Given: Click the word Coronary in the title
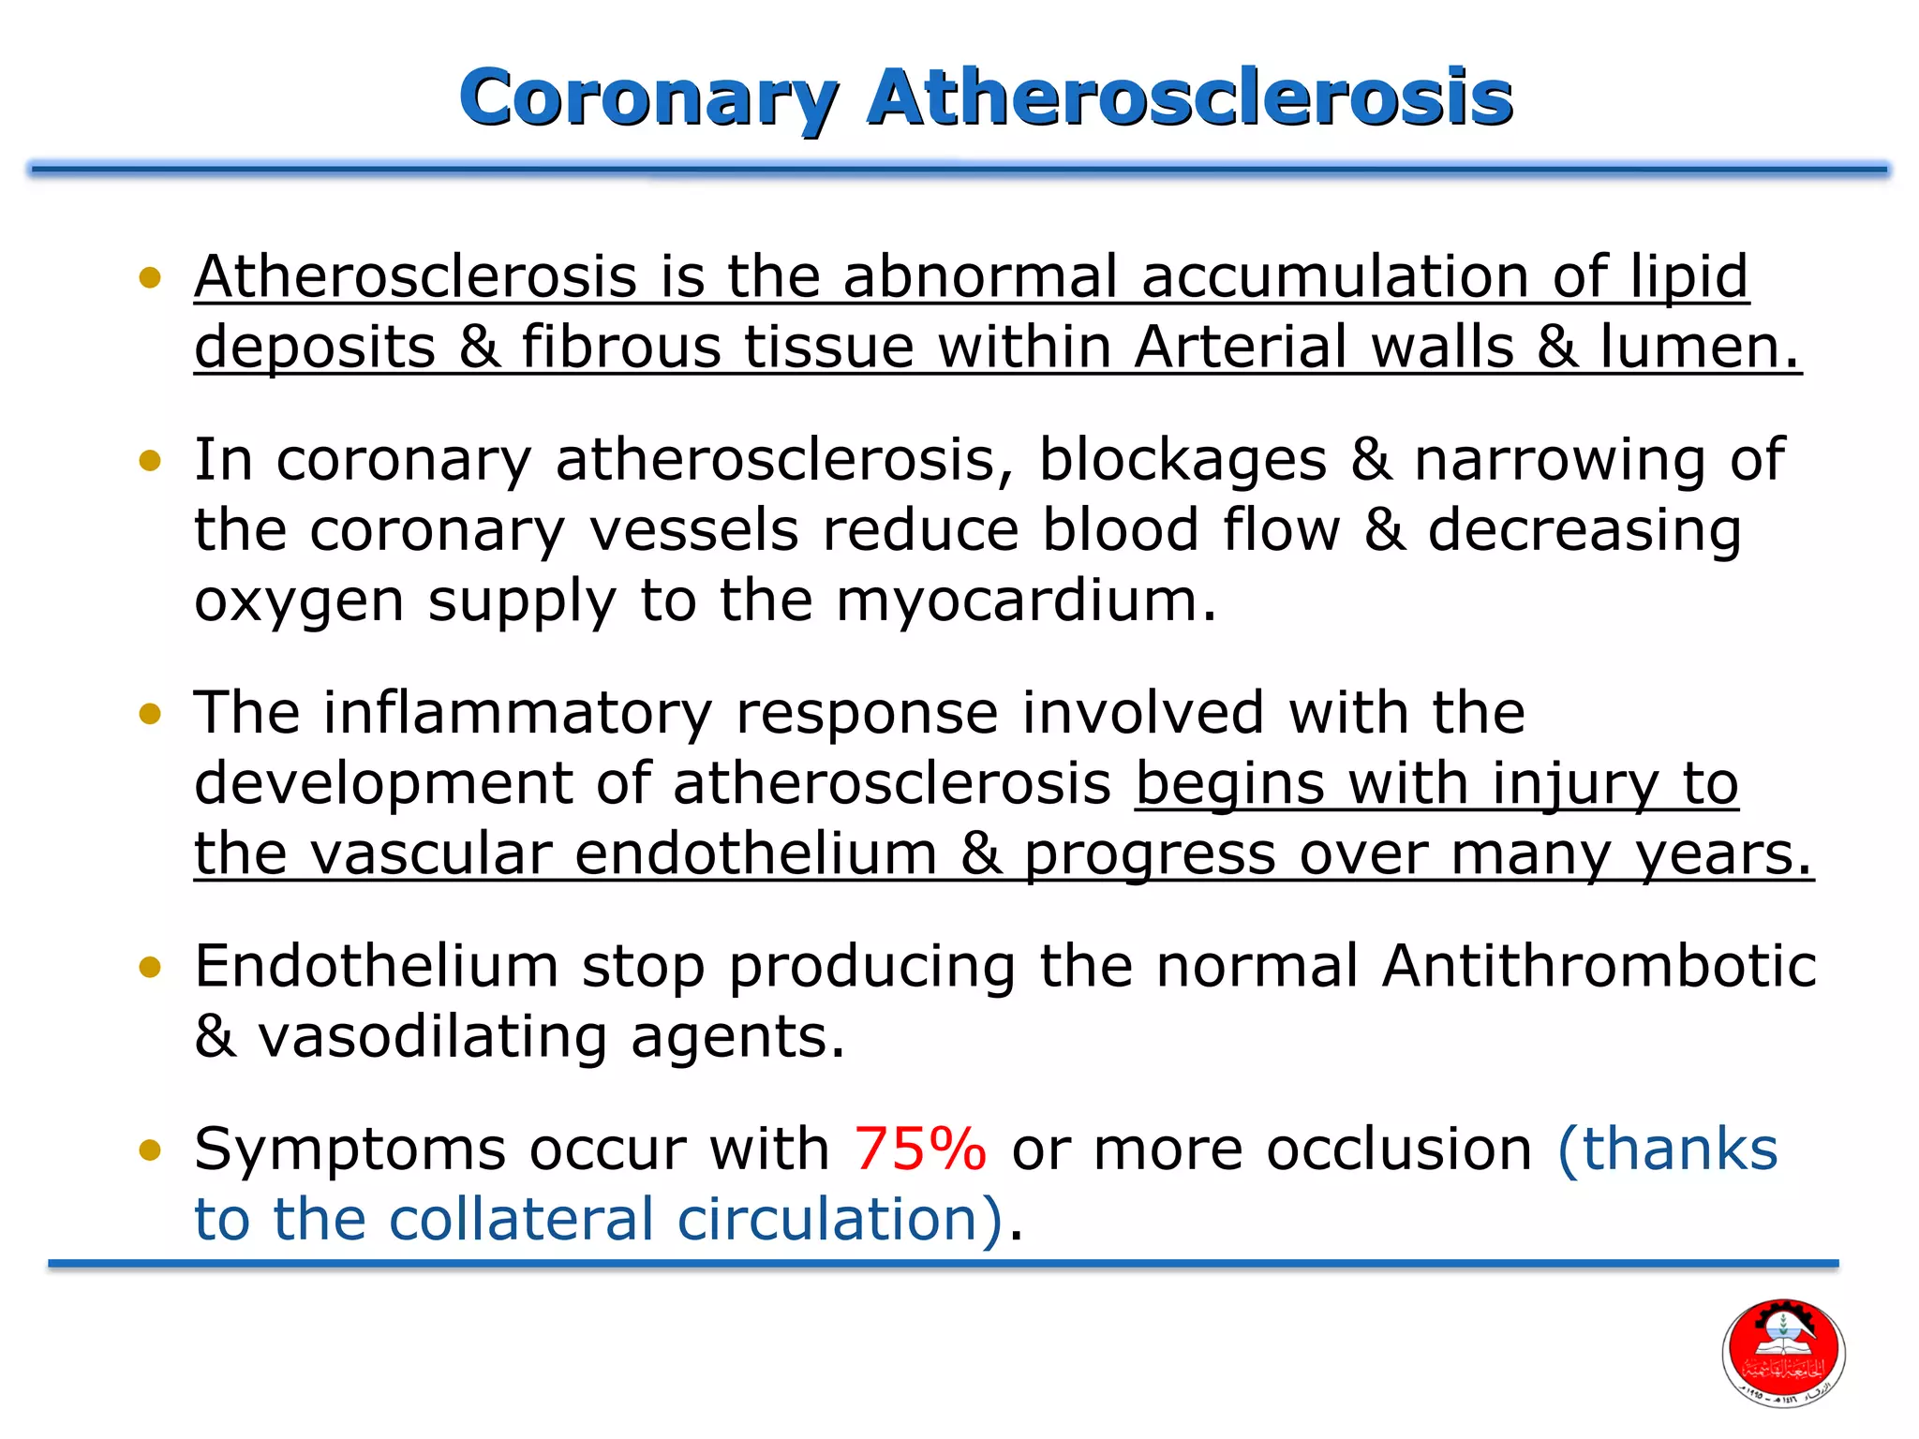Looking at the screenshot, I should click(647, 98).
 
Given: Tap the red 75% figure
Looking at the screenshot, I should click(919, 1150).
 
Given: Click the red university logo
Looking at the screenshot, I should click(1783, 1352).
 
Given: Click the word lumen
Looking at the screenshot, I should click(1698, 348).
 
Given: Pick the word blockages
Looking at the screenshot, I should click(1183, 461).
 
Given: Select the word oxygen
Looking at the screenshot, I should click(299, 602).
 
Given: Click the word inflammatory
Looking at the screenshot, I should click(517, 714).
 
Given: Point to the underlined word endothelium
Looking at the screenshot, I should click(755, 854).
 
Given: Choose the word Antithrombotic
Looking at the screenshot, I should click(1599, 967).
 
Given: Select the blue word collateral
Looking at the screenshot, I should click(521, 1220).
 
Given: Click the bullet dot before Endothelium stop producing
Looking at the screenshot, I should click(150, 967).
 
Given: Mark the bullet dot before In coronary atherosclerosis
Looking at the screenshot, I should click(150, 461).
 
